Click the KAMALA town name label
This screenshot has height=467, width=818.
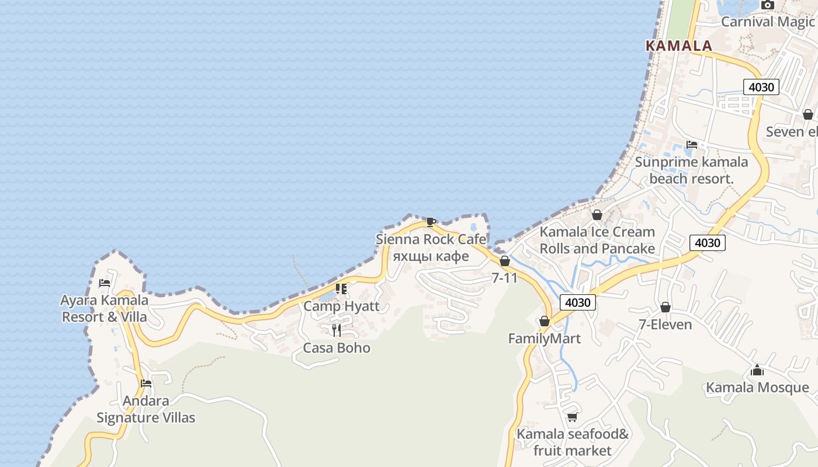(x=678, y=46)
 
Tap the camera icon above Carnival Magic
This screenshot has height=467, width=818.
(x=767, y=5)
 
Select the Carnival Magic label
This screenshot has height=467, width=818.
(x=767, y=22)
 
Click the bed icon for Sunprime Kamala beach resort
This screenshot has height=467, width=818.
(x=692, y=144)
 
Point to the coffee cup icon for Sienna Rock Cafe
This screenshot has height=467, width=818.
(x=431, y=221)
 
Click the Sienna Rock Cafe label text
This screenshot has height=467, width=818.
(x=431, y=239)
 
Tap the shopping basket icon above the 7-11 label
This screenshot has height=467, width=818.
(x=505, y=261)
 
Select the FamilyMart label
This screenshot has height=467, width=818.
(x=544, y=339)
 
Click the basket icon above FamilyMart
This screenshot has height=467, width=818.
(x=545, y=321)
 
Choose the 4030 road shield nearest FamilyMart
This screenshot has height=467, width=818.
(x=578, y=302)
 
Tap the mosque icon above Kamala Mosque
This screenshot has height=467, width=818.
(x=757, y=370)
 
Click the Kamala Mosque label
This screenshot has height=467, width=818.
(x=757, y=388)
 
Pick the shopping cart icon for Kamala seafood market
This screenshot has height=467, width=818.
(x=572, y=417)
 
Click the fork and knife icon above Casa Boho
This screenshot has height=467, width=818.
(x=337, y=330)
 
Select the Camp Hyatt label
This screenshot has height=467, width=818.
(x=341, y=306)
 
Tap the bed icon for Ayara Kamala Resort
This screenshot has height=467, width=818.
(x=105, y=283)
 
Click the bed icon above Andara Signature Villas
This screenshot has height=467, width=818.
(x=146, y=384)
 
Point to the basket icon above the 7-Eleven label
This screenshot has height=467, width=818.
(x=665, y=307)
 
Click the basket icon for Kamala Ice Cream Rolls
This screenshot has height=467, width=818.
(x=597, y=215)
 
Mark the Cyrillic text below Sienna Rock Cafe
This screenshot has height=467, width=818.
(x=431, y=257)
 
